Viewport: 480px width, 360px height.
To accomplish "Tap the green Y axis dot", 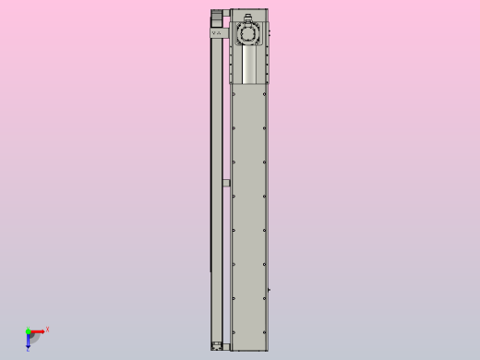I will coord(28,330).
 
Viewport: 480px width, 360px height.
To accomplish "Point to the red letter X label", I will coord(47,329).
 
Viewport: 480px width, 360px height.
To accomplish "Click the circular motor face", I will coord(248,34).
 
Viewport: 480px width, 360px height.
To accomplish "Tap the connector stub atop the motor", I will coord(248,16).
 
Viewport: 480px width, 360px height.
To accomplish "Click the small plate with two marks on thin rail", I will coord(217,32).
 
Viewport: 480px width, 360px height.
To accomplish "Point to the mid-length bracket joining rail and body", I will coord(225,183).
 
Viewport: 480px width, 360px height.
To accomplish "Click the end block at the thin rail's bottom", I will coord(217,345).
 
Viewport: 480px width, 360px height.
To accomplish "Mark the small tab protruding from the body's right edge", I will coord(270,293).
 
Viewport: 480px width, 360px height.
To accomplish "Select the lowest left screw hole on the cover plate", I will coord(234,333).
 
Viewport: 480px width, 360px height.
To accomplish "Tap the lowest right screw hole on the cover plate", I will coord(265,333).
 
